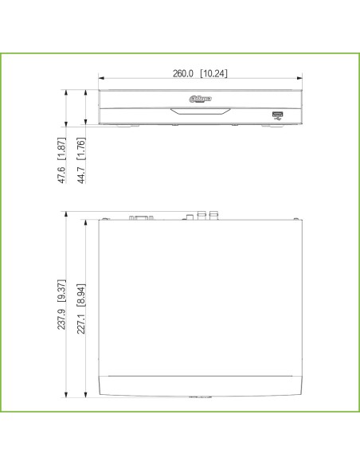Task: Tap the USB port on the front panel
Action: pyautogui.click(x=277, y=114)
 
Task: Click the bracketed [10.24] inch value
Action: pyautogui.click(x=214, y=73)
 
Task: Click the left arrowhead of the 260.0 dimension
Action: pyautogui.click(x=101, y=79)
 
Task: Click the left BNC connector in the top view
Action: pyautogui.click(x=202, y=214)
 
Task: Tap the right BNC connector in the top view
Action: pyautogui.click(x=213, y=214)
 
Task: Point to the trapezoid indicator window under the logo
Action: pyautogui.click(x=199, y=110)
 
